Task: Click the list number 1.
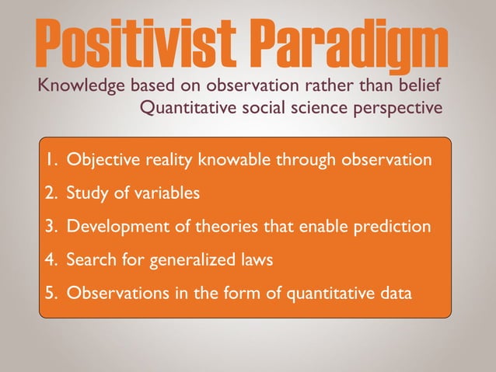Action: [x=50, y=161]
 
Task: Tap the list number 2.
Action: [x=51, y=193]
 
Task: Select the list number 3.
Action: [x=51, y=227]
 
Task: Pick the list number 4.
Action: [x=51, y=260]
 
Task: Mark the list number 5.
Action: [x=51, y=294]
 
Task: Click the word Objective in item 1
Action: [x=98, y=161]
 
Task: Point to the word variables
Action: [x=163, y=193]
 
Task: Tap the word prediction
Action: [x=391, y=227]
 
